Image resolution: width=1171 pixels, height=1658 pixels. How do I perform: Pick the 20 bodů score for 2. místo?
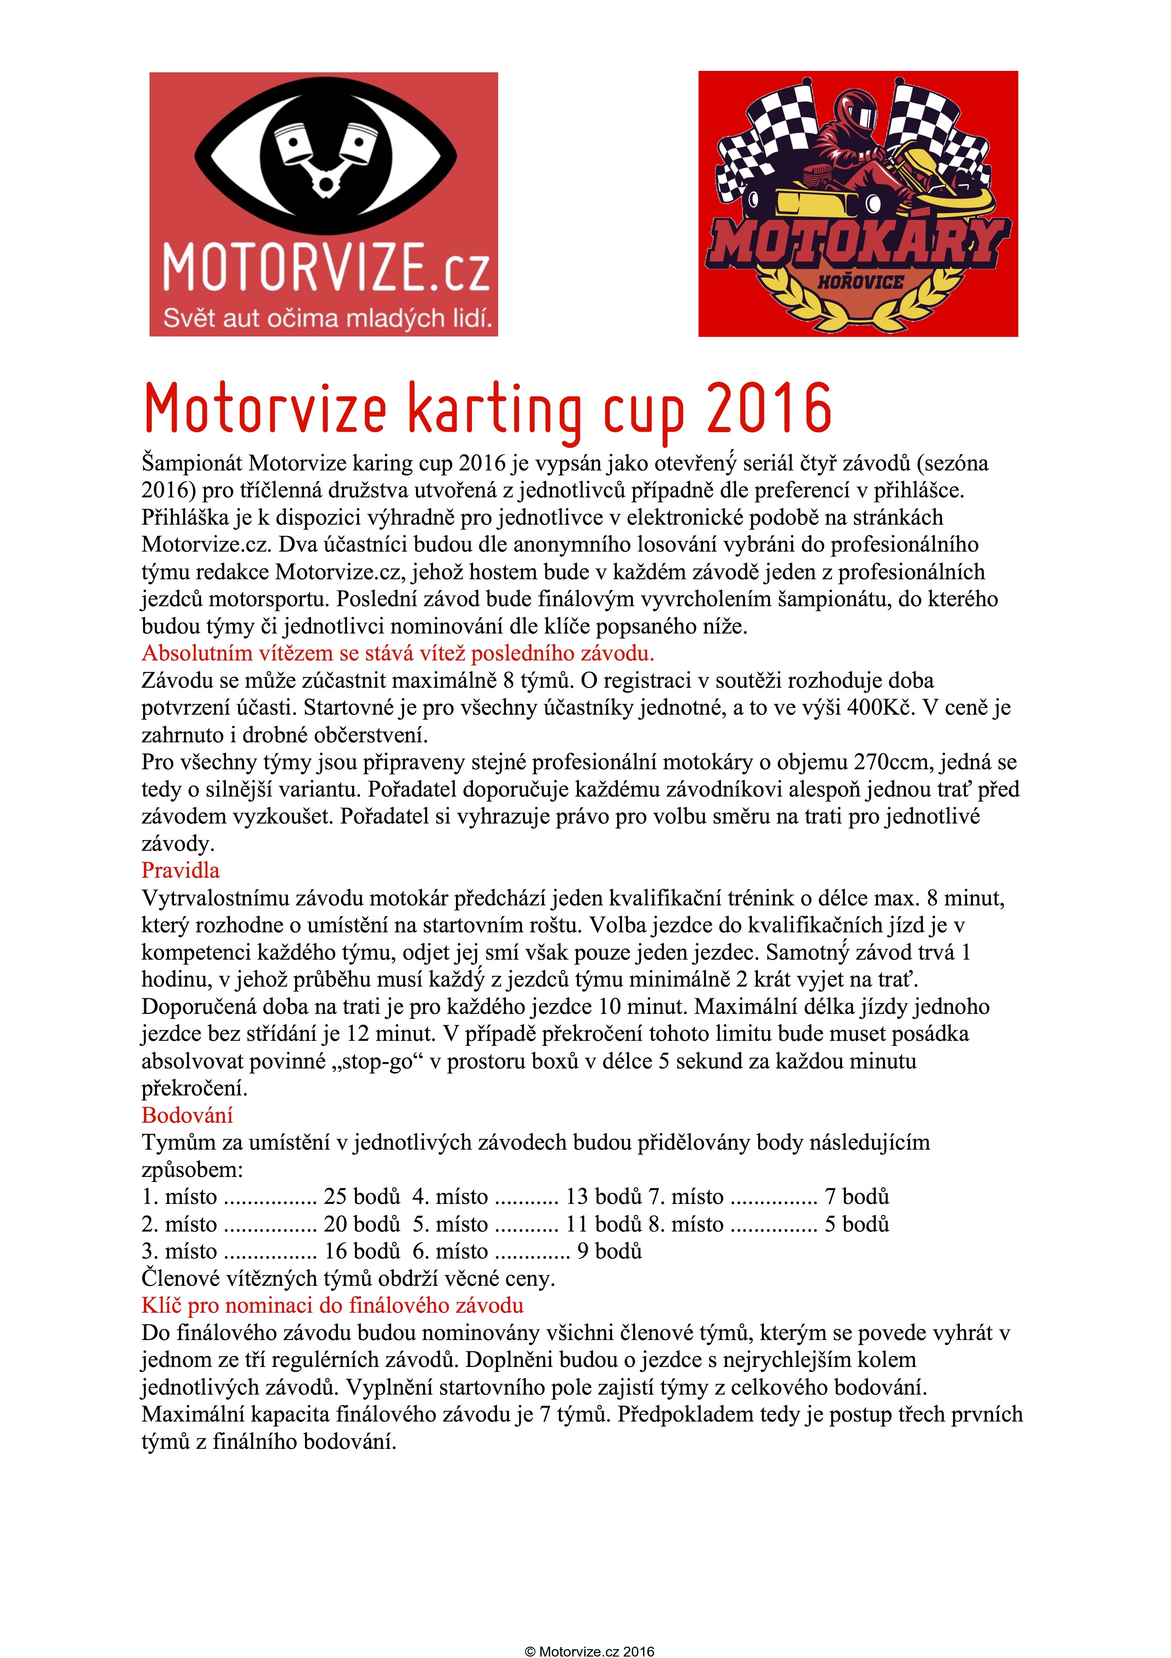click(362, 1224)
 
